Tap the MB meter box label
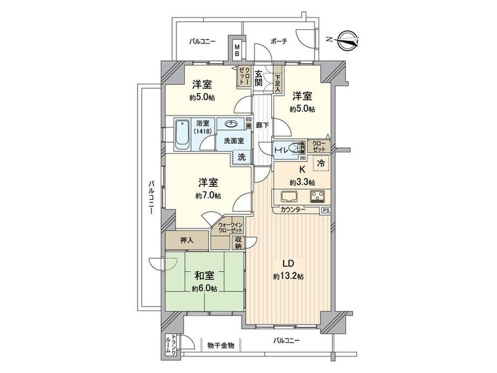237,50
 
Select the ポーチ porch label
279,41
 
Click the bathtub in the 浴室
182,135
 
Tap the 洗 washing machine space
242,157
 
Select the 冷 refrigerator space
321,163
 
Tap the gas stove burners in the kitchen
317,196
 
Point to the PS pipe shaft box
326,210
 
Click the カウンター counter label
293,209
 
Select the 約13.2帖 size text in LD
288,277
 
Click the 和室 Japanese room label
204,276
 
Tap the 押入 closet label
187,241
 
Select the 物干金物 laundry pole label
221,345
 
